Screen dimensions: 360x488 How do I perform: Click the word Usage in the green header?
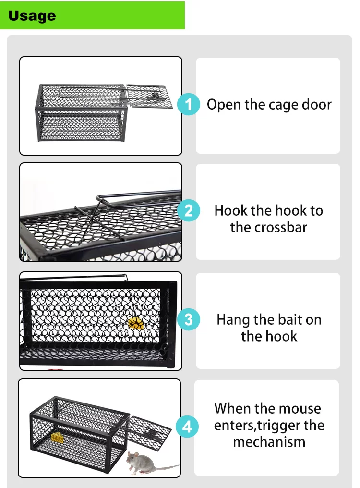[x=32, y=16]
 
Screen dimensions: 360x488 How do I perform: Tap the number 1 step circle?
[x=189, y=104]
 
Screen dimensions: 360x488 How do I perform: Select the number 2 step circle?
[x=189, y=210]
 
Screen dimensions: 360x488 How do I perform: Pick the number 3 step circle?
[x=189, y=319]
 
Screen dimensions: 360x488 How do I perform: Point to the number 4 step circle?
[x=187, y=427]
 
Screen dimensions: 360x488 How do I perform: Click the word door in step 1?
[x=316, y=104]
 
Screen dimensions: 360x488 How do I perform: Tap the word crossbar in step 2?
[x=269, y=227]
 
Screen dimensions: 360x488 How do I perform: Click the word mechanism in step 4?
[x=269, y=442]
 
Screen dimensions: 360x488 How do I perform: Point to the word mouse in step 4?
[x=301, y=409]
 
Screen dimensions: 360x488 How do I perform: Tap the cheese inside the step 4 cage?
[x=58, y=438]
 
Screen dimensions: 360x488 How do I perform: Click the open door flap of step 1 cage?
[x=149, y=97]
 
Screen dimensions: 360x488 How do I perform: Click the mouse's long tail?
[x=168, y=467]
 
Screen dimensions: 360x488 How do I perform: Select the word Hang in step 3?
[x=233, y=320]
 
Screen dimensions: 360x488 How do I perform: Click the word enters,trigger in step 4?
[x=269, y=426]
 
